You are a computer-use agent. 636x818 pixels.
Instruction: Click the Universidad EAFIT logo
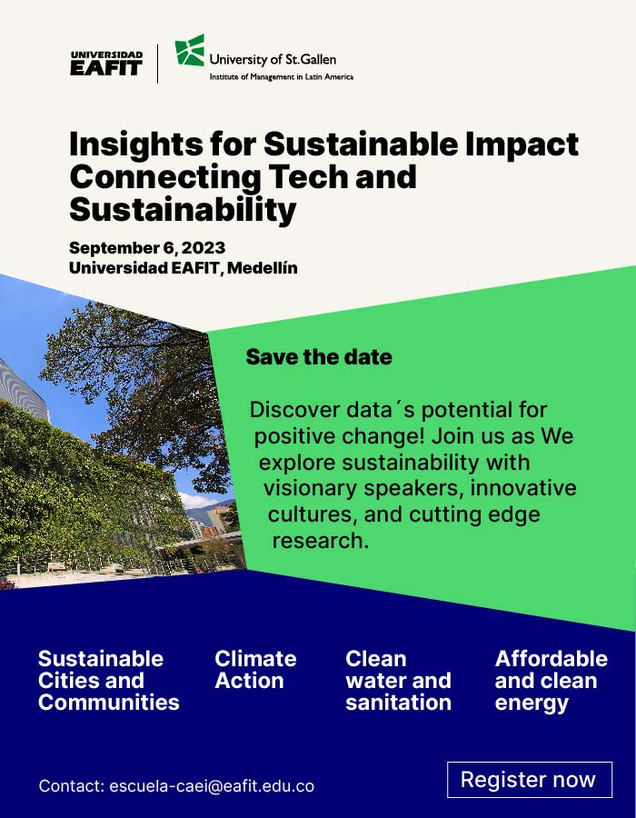click(x=106, y=63)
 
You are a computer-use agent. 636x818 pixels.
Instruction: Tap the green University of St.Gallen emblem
click(x=190, y=50)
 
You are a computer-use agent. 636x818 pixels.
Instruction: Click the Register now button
click(x=529, y=780)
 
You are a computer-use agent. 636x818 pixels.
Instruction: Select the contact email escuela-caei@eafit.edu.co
click(x=212, y=786)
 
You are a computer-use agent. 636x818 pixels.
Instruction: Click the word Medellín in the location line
click(x=263, y=268)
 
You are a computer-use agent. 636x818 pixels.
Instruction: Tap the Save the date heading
click(x=319, y=357)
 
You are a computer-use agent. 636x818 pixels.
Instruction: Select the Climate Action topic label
click(x=255, y=670)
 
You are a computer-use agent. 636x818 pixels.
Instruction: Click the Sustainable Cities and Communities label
click(x=108, y=681)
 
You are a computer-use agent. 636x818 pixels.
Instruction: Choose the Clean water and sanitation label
click(x=398, y=681)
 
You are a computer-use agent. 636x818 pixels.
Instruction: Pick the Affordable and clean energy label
click(x=551, y=681)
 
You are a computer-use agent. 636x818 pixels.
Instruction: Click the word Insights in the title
click(x=135, y=145)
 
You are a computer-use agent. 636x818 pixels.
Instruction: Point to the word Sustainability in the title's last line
click(x=183, y=210)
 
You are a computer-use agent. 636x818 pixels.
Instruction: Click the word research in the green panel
click(x=320, y=541)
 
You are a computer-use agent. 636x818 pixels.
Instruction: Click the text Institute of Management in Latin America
click(x=282, y=77)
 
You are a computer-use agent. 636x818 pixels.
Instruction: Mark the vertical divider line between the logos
click(x=157, y=64)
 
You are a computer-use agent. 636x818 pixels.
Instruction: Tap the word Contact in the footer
click(x=72, y=786)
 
